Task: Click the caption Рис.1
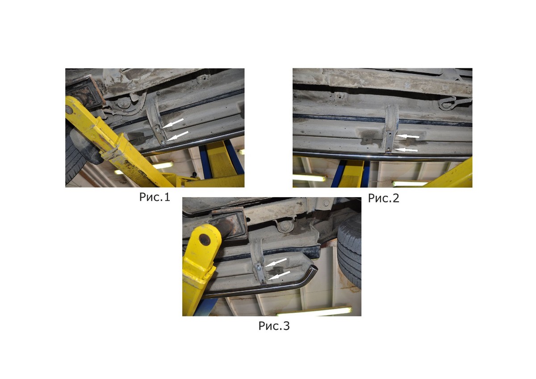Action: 155,197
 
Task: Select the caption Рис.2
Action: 384,198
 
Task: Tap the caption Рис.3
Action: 274,326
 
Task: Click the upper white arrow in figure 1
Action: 173,123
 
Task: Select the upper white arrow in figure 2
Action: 407,136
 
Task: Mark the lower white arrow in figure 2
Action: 406,150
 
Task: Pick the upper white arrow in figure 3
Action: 276,262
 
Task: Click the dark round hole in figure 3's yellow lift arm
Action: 205,240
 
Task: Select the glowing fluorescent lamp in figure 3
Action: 314,311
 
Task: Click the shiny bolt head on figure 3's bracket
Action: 259,269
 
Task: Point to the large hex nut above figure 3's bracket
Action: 284,226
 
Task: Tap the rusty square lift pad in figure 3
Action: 229,224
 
